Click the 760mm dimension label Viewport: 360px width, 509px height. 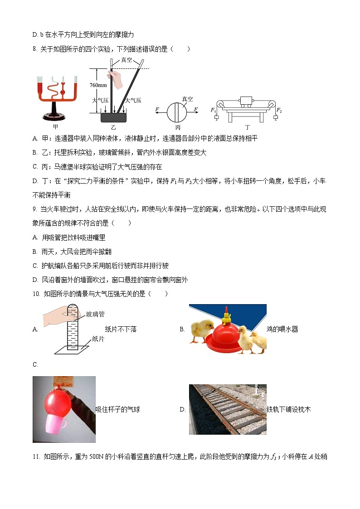98,85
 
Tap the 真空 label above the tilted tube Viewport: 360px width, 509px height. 127,60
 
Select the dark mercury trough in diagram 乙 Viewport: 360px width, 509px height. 113,117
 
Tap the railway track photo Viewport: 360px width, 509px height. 228,410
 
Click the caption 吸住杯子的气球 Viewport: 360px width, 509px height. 117,410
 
